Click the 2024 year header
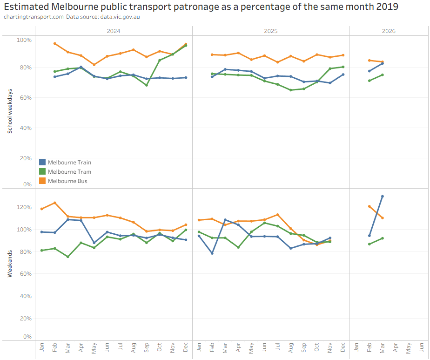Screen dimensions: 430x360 [x=114, y=31]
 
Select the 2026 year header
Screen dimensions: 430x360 [x=389, y=31]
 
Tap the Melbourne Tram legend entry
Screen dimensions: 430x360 [x=65, y=172]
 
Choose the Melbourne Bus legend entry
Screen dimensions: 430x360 [x=63, y=181]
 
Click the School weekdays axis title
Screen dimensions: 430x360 [x=10, y=111]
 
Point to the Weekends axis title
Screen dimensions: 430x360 [x=10, y=264]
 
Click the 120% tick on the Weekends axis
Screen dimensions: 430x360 [x=24, y=207]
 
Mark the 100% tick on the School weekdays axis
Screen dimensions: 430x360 [x=24, y=40]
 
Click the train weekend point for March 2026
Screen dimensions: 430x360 [x=382, y=197]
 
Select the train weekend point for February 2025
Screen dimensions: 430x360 [x=212, y=253]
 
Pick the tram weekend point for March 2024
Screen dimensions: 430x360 [x=68, y=257]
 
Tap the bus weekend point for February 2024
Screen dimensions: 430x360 [x=55, y=203]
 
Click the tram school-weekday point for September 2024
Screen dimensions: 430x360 [x=147, y=85]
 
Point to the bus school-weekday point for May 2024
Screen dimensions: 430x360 [x=94, y=65]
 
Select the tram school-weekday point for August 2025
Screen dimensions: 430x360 [x=291, y=90]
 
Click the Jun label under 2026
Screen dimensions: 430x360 [x=422, y=347]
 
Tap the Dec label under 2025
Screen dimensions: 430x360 [x=343, y=347]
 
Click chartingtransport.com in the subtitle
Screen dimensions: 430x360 [x=34, y=17]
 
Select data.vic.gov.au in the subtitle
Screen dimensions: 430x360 [x=120, y=17]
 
